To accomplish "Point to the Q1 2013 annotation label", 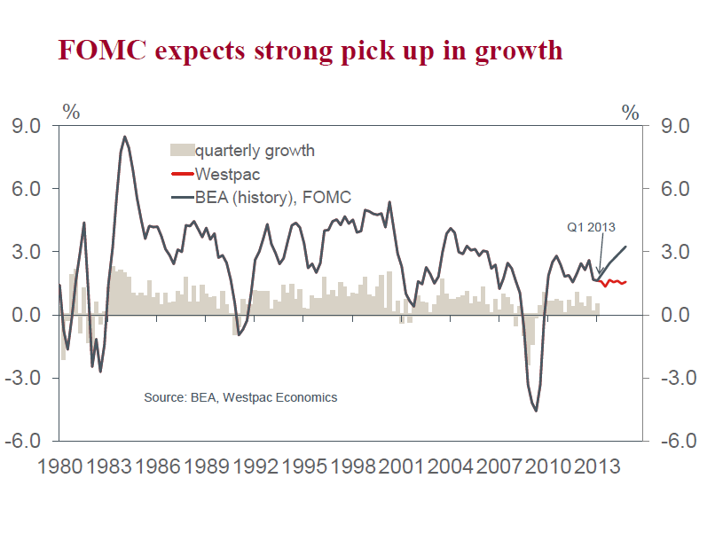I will pos(591,227).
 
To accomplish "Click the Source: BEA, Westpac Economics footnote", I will pos(240,397).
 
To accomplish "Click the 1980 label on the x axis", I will pos(59,464).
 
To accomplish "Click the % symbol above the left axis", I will pos(71,113).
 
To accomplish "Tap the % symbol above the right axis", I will pos(630,113).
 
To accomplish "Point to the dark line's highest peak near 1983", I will pos(124,137).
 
